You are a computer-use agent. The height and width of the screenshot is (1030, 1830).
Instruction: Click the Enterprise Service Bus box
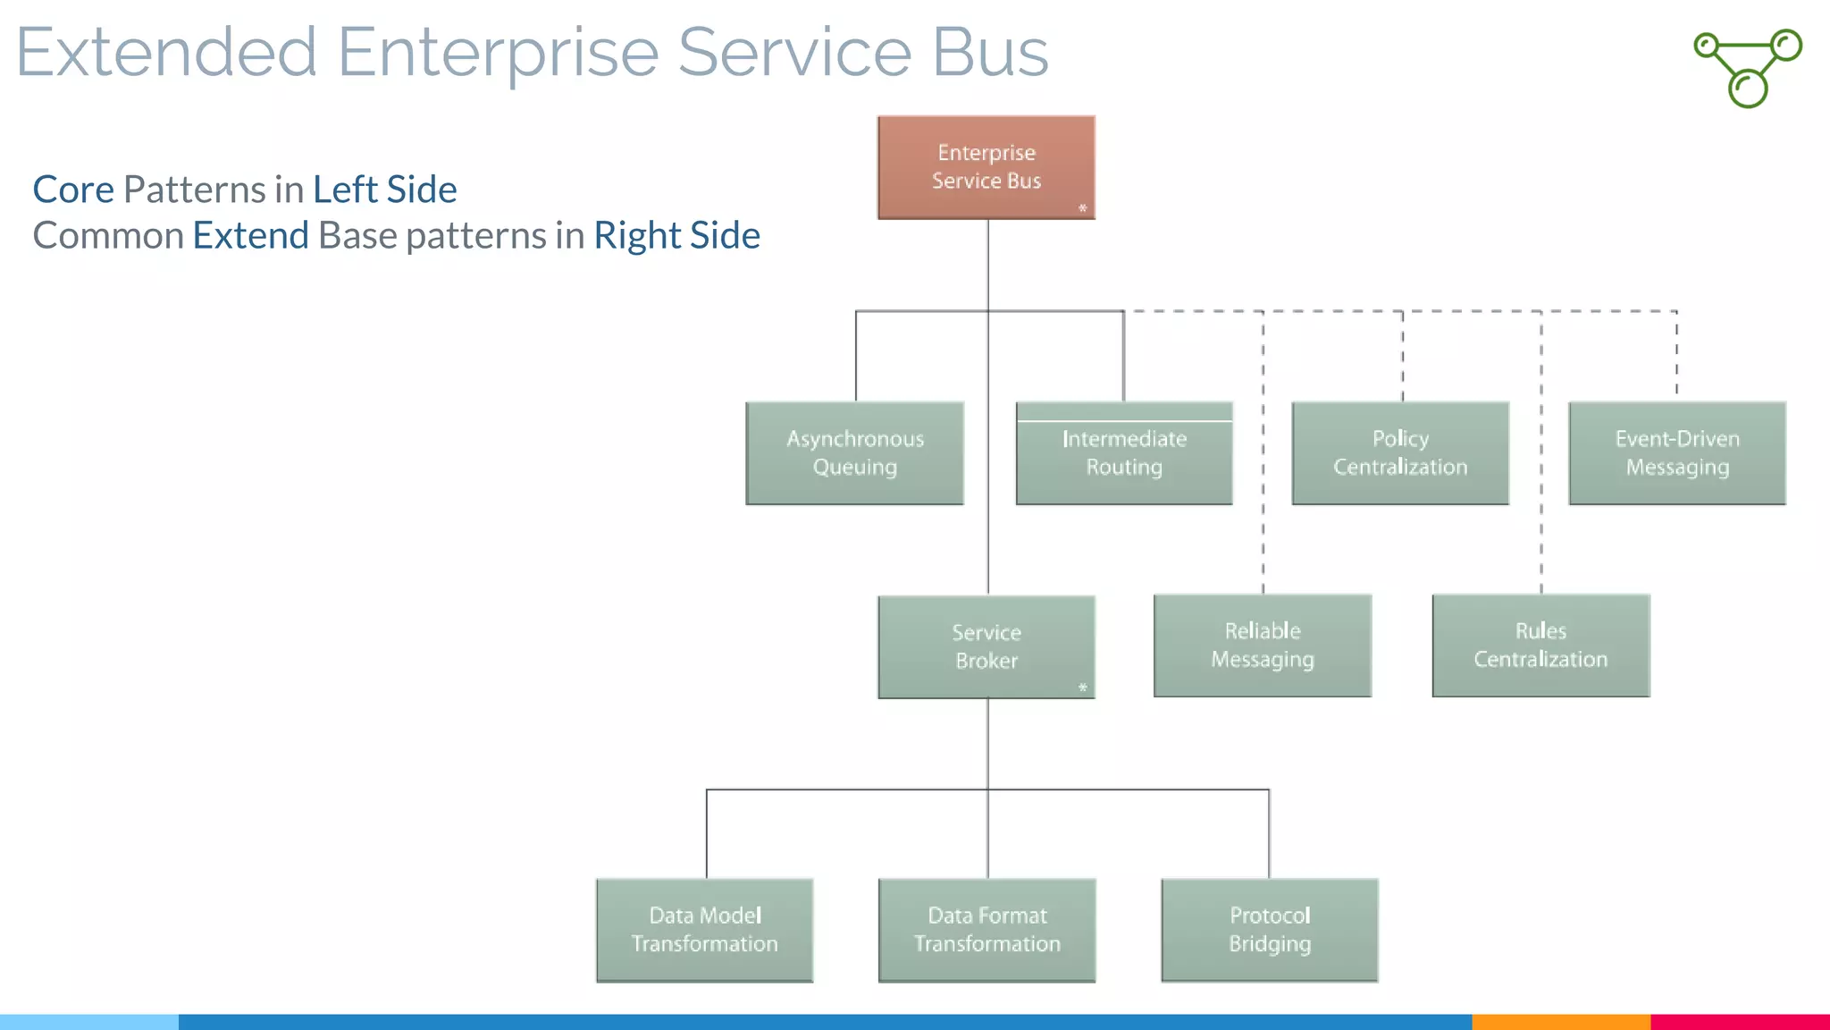[986, 167]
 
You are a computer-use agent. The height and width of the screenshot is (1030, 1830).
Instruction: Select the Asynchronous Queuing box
[855, 453]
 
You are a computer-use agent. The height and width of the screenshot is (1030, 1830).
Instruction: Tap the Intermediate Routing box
[1124, 453]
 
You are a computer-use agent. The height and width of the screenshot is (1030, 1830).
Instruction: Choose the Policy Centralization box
[1400, 453]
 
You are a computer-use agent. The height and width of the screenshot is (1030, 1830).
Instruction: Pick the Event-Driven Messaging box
[1677, 453]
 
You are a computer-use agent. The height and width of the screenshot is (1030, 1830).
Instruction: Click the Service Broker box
[986, 646]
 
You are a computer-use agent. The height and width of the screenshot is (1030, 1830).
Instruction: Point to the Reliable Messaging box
[1263, 646]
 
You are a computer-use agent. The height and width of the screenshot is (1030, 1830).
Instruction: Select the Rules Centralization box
[1540, 646]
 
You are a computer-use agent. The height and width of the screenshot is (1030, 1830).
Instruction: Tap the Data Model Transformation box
[705, 930]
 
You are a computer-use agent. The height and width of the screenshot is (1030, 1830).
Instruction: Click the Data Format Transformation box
[987, 930]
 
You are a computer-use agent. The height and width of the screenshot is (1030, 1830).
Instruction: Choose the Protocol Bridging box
[1270, 930]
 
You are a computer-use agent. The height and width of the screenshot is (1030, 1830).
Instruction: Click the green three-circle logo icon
[1748, 68]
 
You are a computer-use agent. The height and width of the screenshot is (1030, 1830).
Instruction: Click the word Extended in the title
[167, 52]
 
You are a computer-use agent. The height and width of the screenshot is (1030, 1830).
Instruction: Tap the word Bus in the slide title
[990, 52]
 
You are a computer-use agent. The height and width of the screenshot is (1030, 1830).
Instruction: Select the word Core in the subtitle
[73, 190]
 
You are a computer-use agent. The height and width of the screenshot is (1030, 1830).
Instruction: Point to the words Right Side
[676, 236]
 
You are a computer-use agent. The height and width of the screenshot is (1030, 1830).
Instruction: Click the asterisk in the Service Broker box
[1082, 688]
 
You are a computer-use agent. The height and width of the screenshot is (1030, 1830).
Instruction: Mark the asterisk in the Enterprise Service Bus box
[1082, 208]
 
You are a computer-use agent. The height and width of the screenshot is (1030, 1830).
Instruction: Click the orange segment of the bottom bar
[1560, 1022]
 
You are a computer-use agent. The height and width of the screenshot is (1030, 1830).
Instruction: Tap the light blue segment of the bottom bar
[89, 1022]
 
